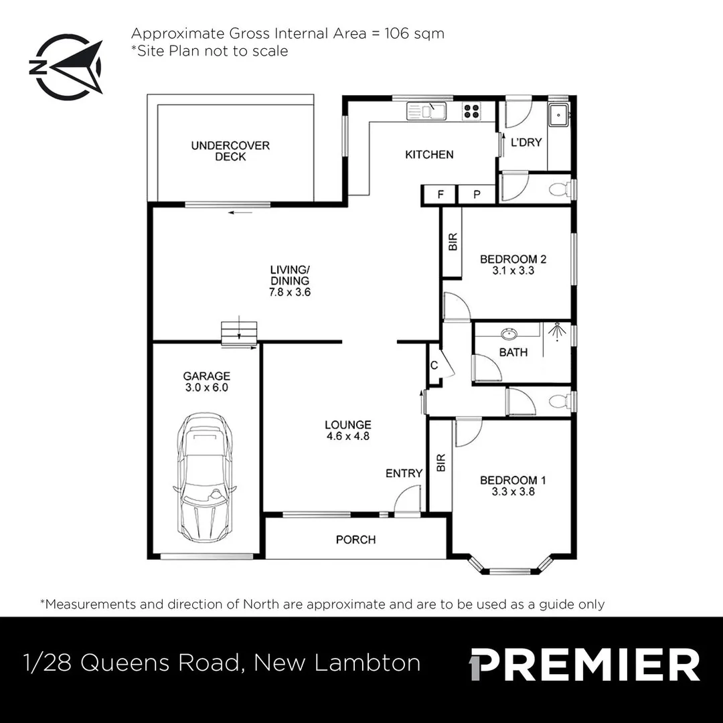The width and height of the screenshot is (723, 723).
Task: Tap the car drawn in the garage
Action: [203, 479]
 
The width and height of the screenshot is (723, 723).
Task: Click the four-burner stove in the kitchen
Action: [471, 110]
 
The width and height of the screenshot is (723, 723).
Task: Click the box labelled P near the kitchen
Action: [477, 195]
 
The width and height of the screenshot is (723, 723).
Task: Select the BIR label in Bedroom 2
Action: [452, 242]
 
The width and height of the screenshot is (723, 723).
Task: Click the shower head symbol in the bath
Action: [555, 331]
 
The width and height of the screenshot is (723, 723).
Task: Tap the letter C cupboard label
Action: [434, 366]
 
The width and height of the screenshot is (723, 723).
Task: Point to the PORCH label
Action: [355, 540]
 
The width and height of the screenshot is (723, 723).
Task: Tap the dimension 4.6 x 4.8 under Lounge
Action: [348, 436]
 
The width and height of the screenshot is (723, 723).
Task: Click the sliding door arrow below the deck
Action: [240, 213]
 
